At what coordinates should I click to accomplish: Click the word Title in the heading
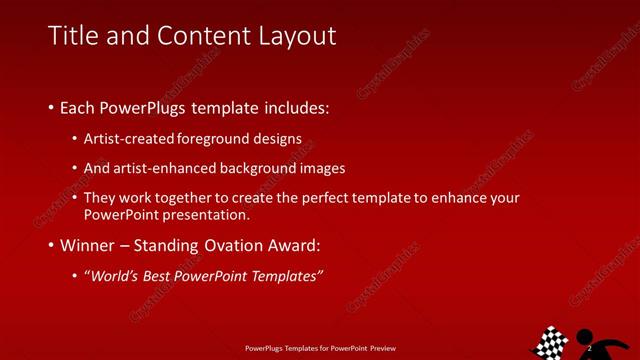coord(72,37)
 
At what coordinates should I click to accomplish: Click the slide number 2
coord(590,347)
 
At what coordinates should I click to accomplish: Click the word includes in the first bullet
coord(295,107)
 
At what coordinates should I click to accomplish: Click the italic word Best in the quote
coord(157,276)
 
